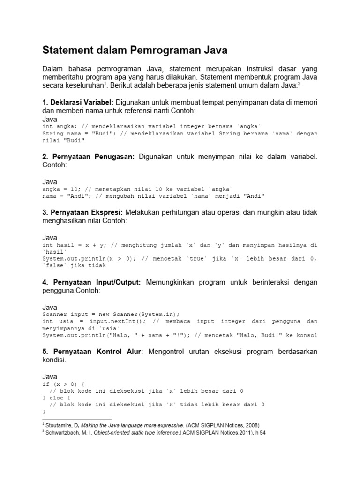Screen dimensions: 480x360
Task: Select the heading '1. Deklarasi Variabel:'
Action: tap(77, 102)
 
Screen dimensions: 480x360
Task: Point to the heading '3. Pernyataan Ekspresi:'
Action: tap(83, 212)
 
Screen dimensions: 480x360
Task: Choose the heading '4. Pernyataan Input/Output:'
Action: tap(91, 282)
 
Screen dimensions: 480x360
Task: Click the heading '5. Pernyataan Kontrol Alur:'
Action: tap(92, 352)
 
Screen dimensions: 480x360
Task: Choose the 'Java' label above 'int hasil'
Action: tap(50, 238)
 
